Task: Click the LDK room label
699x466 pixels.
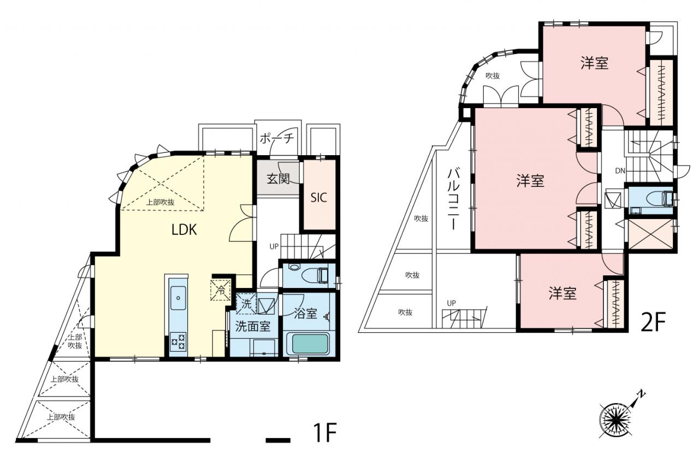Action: (184, 230)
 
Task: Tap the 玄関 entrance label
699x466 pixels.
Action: (279, 179)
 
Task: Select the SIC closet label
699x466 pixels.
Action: (318, 198)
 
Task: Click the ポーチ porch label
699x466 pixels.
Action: (277, 138)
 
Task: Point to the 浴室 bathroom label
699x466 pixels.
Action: (305, 313)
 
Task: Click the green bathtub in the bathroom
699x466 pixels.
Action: (307, 344)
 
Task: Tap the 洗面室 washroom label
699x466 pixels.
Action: (253, 327)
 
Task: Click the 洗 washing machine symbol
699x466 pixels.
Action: (246, 304)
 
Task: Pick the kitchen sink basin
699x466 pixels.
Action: (178, 298)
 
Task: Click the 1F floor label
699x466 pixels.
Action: (325, 433)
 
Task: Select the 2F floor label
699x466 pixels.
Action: (653, 322)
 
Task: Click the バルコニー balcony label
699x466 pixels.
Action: (453, 199)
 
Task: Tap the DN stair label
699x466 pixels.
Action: (620, 171)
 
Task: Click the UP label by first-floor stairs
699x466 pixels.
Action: (274, 246)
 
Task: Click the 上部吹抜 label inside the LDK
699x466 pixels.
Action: (161, 202)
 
